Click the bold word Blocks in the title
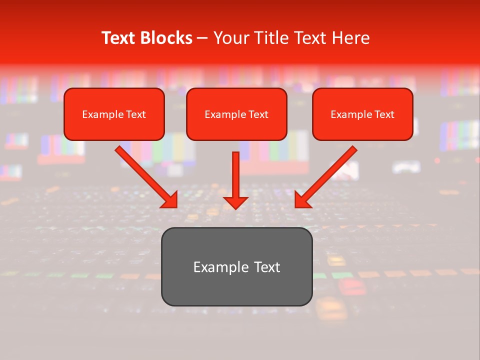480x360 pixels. [167, 38]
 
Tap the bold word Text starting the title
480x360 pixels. [120, 38]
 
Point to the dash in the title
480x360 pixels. [202, 38]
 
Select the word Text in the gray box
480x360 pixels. [267, 267]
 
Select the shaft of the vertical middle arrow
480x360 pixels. [235, 172]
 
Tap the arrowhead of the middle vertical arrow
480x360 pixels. [235, 202]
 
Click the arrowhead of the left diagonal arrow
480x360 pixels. [170, 200]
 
